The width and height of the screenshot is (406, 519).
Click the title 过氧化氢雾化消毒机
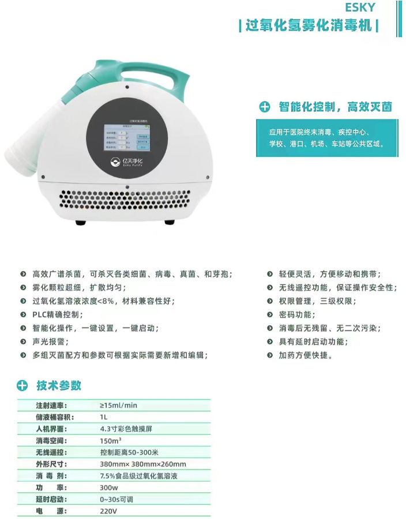[309, 26]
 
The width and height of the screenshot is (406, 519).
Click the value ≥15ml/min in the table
[119, 405]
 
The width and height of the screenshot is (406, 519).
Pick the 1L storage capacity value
[104, 417]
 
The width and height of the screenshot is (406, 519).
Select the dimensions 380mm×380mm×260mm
[142, 464]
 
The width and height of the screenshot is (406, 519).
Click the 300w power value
[108, 488]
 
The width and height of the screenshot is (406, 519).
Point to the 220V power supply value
[108, 512]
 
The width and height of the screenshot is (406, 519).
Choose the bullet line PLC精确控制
[58, 315]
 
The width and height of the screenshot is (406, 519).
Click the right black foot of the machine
[169, 222]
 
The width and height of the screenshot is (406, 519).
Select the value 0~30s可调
[117, 499]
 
